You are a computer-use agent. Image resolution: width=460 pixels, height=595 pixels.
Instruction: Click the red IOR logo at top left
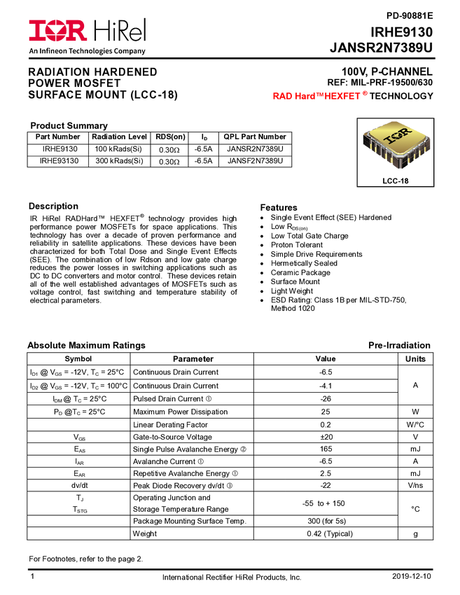click(x=57, y=31)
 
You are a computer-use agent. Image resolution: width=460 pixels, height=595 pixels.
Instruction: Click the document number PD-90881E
click(x=410, y=16)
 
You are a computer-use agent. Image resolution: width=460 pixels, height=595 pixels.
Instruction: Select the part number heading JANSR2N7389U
click(x=381, y=48)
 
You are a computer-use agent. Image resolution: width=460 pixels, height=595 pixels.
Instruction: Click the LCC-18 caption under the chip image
click(x=396, y=181)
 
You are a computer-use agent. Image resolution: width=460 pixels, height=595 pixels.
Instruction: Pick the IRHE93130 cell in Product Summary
click(x=60, y=161)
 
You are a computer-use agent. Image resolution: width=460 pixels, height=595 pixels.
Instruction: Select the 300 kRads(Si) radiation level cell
click(x=119, y=161)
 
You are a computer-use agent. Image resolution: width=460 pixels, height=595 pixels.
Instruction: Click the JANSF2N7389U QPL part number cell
click(x=255, y=161)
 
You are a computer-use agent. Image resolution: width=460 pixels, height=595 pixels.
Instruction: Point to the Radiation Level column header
click(x=119, y=136)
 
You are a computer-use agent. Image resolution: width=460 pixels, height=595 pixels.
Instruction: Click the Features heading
click(x=279, y=208)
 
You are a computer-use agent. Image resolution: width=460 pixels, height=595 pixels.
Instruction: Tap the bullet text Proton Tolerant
click(x=297, y=245)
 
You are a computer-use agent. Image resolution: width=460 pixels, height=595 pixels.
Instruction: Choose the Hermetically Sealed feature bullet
click(x=304, y=263)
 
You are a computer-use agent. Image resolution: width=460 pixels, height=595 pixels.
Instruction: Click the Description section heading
click(x=53, y=206)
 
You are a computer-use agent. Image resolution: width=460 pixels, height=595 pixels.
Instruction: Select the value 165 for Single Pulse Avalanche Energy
click(x=326, y=449)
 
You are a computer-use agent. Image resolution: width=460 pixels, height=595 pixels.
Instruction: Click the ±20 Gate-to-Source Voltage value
click(x=326, y=437)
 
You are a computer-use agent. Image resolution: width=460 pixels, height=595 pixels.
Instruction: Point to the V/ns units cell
click(x=415, y=485)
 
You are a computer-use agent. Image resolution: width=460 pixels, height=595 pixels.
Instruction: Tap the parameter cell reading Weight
click(x=145, y=533)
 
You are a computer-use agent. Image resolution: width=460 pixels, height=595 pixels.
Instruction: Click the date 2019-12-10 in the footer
click(x=412, y=576)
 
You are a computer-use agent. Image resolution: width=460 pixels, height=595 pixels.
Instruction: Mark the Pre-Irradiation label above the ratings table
click(x=399, y=345)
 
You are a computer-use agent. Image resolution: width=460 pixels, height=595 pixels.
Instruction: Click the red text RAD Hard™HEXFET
click(x=316, y=97)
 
